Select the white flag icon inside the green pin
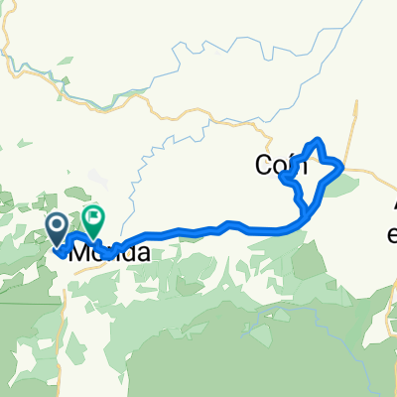pyautogui.click(x=94, y=216)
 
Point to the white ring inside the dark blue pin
pyautogui.click(x=57, y=227)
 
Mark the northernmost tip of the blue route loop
pyautogui.click(x=318, y=140)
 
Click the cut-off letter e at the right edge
pyautogui.click(x=392, y=236)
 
